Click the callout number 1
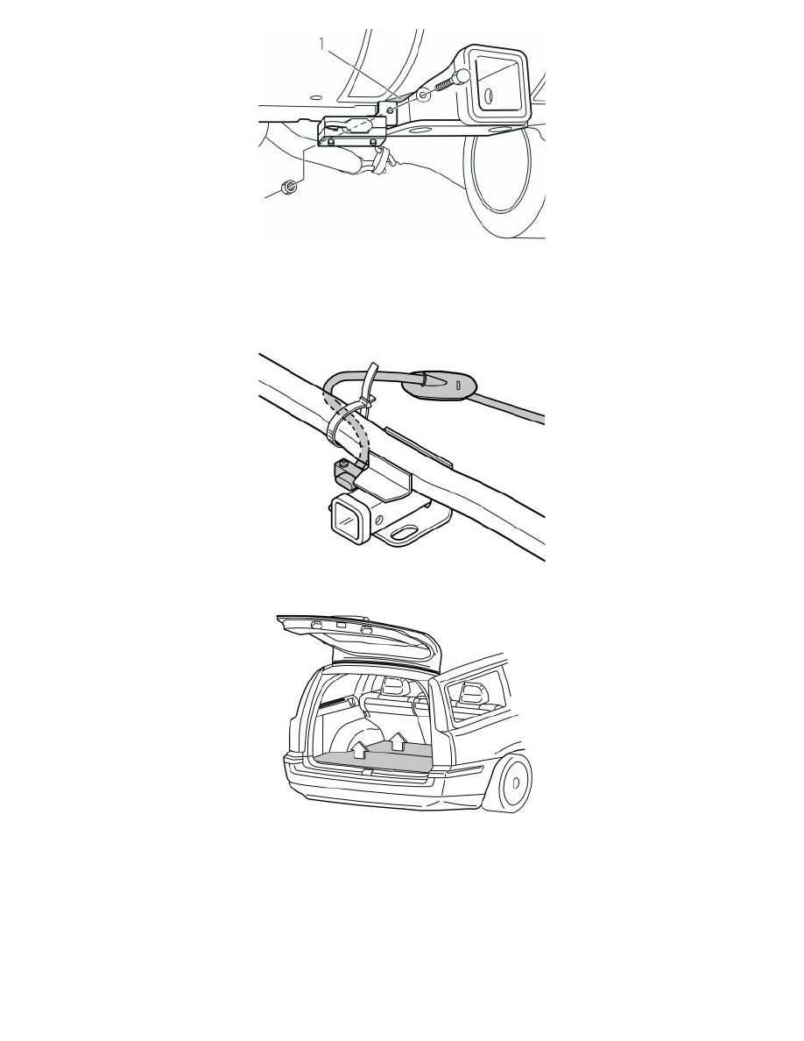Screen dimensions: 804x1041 (x=322, y=44)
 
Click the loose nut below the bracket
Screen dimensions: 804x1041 (x=289, y=188)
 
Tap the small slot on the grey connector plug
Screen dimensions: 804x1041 (x=458, y=385)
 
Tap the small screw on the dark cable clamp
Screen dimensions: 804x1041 (x=343, y=464)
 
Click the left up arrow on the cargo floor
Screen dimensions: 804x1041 (x=358, y=749)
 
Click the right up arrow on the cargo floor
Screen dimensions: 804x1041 (x=398, y=740)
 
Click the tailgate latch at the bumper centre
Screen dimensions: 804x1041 (x=369, y=771)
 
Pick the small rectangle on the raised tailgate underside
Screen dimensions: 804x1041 (x=341, y=625)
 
